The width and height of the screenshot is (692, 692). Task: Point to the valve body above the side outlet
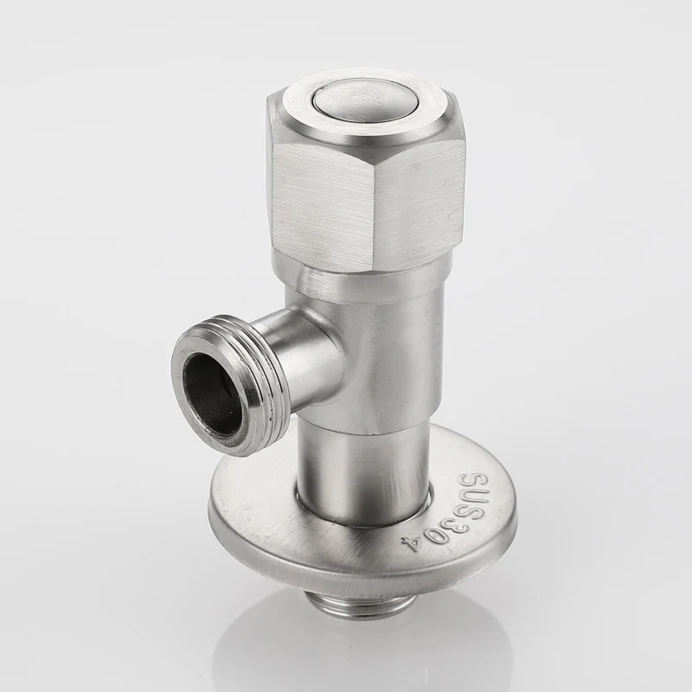pyautogui.click(x=398, y=346)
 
